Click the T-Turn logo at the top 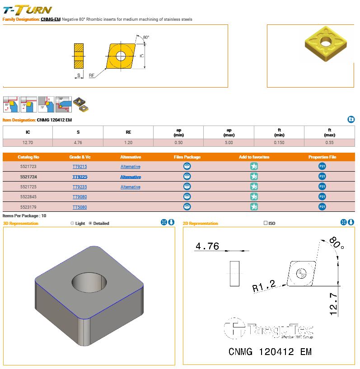click(27, 9)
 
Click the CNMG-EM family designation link click(50, 19)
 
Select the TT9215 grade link click(79, 167)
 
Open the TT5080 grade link click(79, 207)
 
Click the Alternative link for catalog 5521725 click(130, 187)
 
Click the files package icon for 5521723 click(187, 167)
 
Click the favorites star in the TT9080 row click(254, 197)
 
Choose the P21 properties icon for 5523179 click(322, 207)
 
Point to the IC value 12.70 click(28, 143)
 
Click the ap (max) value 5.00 click(229, 143)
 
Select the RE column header click(128, 132)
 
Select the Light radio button click(73, 224)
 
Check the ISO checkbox click(266, 224)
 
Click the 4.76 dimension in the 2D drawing click(207, 246)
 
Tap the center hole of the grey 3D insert click(89, 283)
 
